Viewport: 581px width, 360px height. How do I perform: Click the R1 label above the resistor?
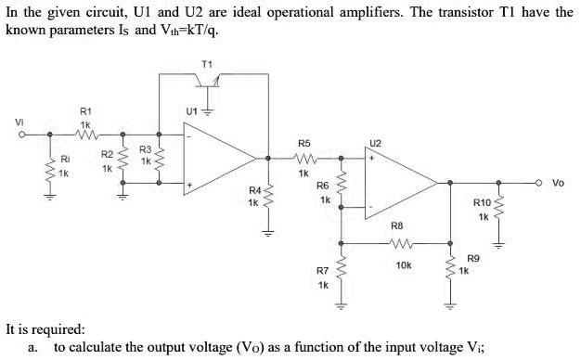click(x=84, y=110)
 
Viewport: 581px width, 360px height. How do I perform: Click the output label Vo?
click(x=558, y=183)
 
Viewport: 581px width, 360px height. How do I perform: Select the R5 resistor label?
click(x=303, y=143)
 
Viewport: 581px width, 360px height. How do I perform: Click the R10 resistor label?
click(x=482, y=203)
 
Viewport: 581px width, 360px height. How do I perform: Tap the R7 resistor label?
click(x=322, y=271)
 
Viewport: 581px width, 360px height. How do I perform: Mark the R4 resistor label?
click(x=254, y=190)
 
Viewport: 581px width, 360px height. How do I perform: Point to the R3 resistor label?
click(x=145, y=148)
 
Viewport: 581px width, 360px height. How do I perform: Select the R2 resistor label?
click(x=107, y=154)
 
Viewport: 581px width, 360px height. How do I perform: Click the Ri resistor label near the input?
click(x=64, y=159)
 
